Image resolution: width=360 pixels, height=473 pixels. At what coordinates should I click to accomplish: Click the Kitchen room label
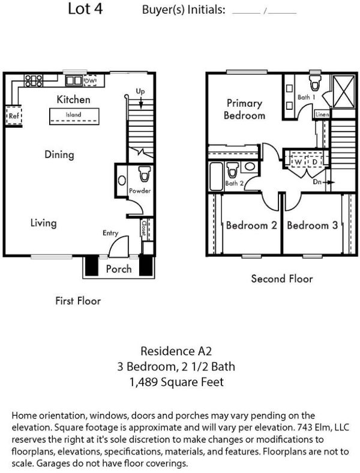[73, 100]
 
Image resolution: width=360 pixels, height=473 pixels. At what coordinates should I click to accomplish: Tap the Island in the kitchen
[74, 116]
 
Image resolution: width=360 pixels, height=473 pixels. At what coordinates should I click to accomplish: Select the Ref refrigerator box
[14, 115]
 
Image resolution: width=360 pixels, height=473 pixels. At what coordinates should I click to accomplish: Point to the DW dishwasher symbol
[90, 81]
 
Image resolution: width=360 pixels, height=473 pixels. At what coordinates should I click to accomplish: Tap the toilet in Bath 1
[315, 82]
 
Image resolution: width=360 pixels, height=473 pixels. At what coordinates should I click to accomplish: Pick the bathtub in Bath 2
[216, 176]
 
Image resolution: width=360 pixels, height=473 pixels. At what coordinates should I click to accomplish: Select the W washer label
[298, 162]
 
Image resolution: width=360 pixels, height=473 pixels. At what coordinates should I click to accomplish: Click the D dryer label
[314, 162]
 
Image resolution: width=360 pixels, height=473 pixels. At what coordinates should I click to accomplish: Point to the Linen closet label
[322, 115]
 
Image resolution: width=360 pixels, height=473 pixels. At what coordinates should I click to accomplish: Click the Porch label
[119, 269]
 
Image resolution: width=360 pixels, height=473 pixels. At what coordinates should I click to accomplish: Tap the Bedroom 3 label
[312, 225]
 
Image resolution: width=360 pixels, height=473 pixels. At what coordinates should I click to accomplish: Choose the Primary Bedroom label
[245, 109]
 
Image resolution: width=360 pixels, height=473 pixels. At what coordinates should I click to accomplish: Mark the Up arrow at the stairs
[141, 103]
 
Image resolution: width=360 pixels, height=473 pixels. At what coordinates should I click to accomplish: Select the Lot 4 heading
[85, 8]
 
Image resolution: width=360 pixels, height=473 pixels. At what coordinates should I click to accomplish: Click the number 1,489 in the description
[143, 382]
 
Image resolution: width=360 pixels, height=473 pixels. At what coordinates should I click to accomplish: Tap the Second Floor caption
[282, 279]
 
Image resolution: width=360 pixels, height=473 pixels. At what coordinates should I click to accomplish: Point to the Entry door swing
[118, 246]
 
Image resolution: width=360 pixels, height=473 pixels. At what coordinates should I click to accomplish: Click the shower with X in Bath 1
[344, 91]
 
